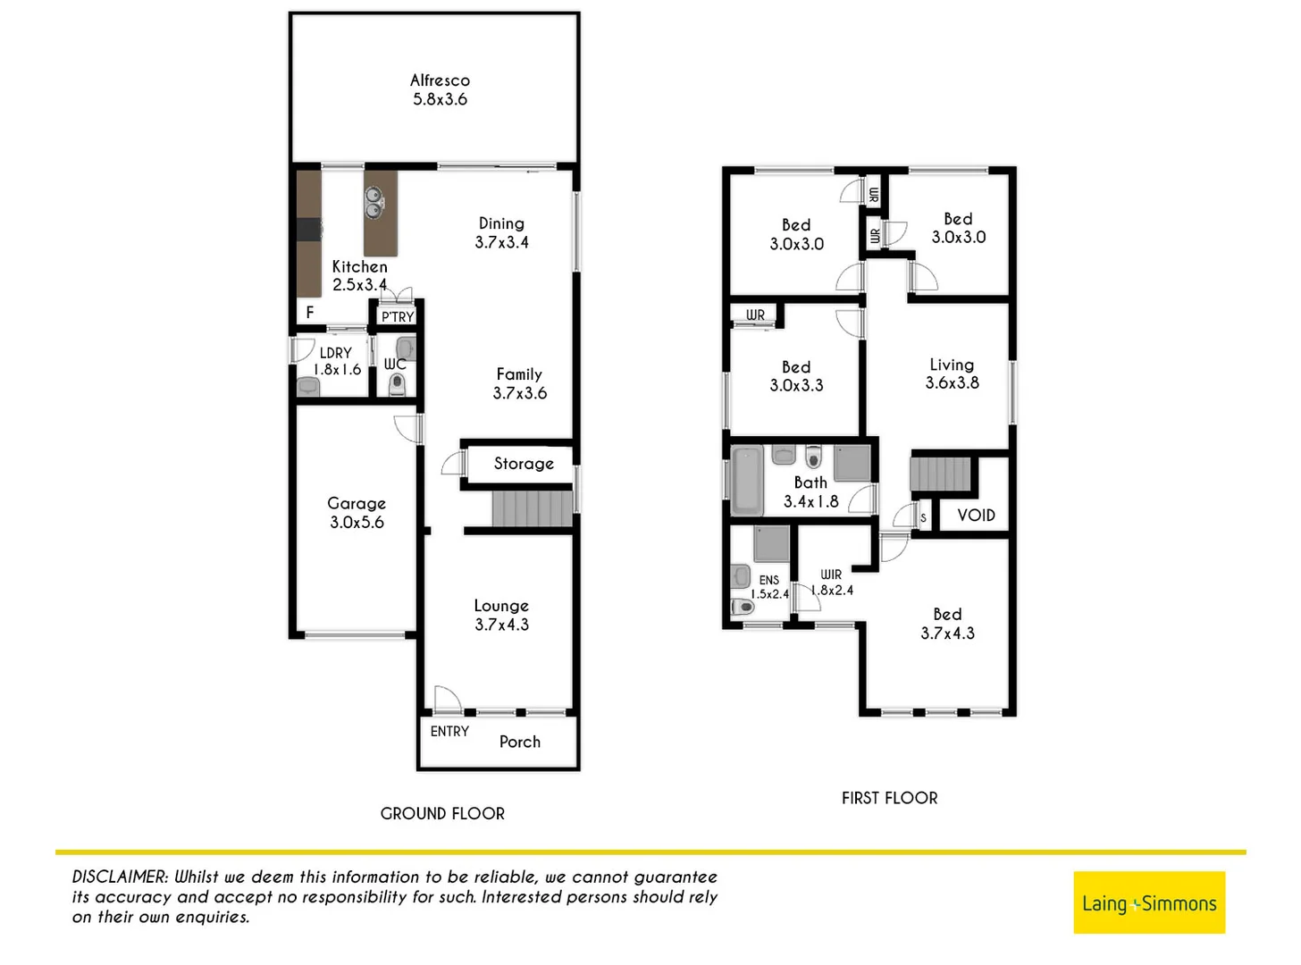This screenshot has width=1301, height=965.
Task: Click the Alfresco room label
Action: tap(440, 90)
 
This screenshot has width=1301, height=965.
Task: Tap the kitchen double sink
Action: tap(374, 203)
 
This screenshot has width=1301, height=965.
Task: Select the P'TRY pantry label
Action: tap(398, 317)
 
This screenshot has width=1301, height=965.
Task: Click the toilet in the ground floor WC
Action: tap(398, 384)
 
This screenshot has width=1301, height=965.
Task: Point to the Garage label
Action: tap(357, 513)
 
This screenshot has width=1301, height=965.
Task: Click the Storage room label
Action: tap(524, 464)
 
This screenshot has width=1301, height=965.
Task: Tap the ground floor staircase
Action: tap(532, 509)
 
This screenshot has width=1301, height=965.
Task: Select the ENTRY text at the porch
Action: tap(449, 732)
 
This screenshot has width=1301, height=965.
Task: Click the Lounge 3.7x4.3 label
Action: tap(501, 616)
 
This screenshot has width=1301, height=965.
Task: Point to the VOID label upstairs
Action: tap(976, 516)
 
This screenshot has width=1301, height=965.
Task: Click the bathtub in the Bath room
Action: tap(747, 482)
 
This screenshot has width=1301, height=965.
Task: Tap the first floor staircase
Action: tap(940, 474)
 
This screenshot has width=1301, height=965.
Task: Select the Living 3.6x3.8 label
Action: tap(952, 373)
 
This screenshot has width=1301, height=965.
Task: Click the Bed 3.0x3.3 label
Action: tap(796, 376)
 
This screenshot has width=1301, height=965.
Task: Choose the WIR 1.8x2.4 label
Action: tap(832, 583)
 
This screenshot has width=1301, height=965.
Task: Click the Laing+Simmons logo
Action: tap(1149, 903)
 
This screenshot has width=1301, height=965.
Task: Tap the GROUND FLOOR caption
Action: tap(442, 814)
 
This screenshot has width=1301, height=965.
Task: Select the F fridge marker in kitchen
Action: tap(310, 313)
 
